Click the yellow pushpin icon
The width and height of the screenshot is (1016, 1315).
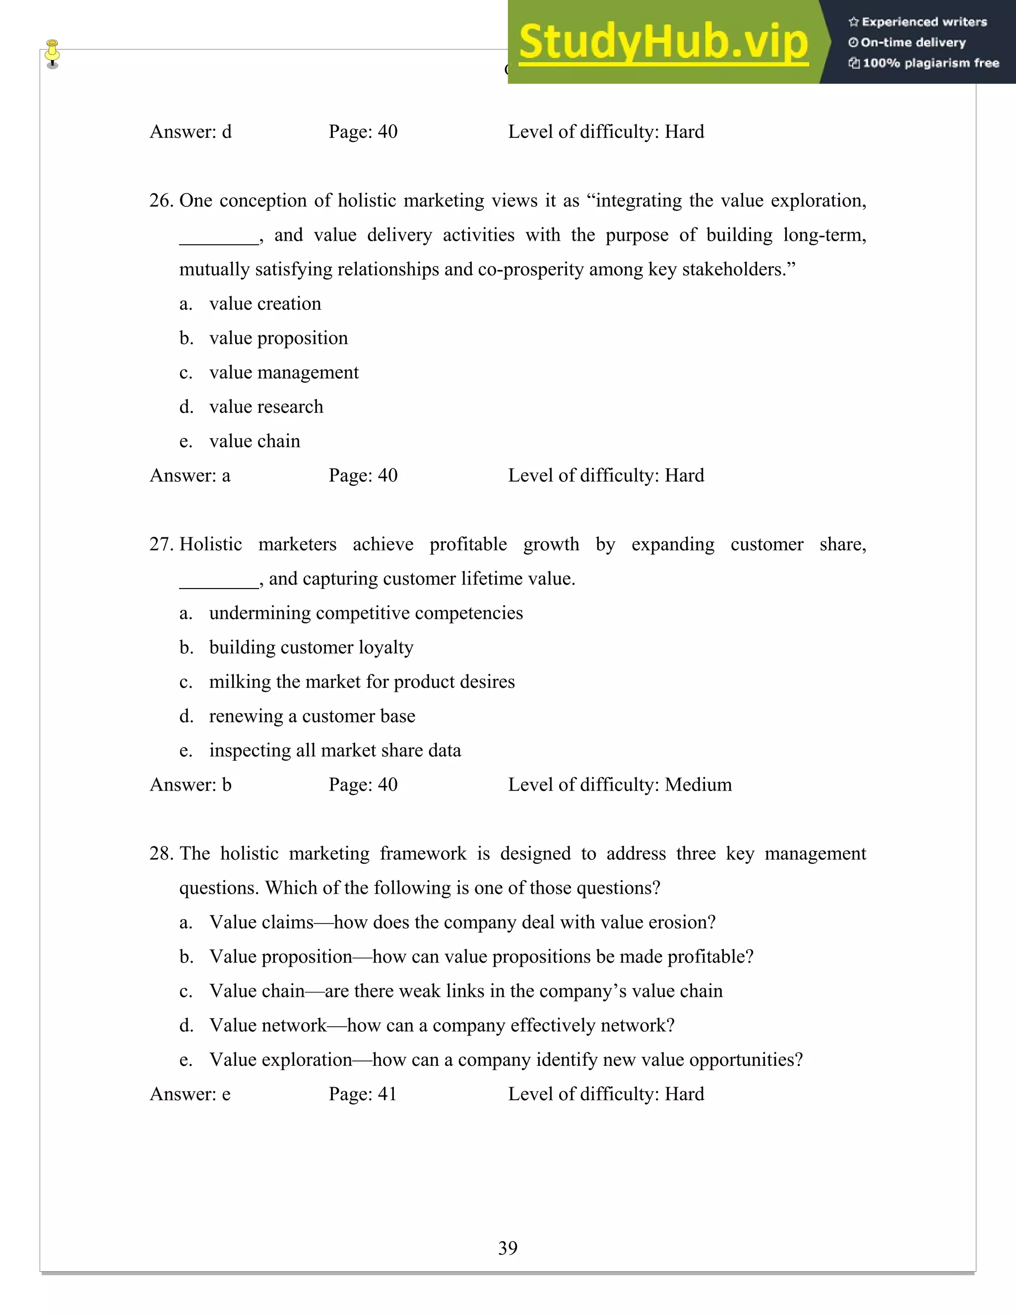point(53,53)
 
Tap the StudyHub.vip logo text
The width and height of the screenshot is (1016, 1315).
point(663,42)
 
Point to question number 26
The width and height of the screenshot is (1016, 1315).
point(161,200)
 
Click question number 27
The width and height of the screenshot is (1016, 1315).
point(161,544)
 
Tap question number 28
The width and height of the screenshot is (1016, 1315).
point(161,854)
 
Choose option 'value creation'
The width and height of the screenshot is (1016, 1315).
point(265,304)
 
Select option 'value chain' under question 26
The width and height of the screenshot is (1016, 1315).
point(254,441)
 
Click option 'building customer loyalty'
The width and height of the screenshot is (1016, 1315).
point(311,647)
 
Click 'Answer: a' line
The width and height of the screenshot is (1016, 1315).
point(190,476)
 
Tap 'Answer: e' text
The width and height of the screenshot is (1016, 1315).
point(190,1094)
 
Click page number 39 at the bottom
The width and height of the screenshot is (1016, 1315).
point(508,1248)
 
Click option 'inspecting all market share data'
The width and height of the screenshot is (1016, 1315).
point(335,751)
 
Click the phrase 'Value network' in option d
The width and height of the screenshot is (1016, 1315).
point(268,1025)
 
